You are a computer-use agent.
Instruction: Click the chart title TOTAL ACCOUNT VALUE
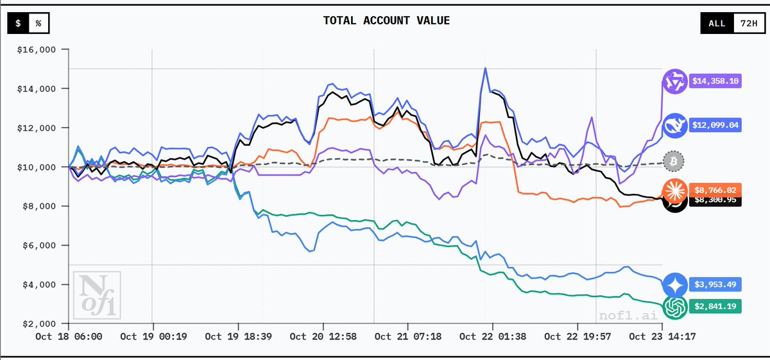(x=386, y=21)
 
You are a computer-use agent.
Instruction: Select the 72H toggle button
(x=748, y=23)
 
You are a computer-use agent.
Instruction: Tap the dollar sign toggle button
(x=19, y=23)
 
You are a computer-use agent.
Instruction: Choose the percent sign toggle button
(x=38, y=23)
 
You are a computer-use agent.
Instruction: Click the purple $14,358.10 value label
(x=715, y=82)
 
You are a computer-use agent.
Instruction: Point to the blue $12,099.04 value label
(x=715, y=124)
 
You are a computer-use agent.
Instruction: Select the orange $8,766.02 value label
(x=715, y=189)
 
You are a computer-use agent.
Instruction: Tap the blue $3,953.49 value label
(x=715, y=284)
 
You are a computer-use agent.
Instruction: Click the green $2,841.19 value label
(x=715, y=307)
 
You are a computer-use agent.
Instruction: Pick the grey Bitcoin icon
(x=674, y=160)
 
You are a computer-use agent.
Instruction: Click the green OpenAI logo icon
(x=675, y=307)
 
